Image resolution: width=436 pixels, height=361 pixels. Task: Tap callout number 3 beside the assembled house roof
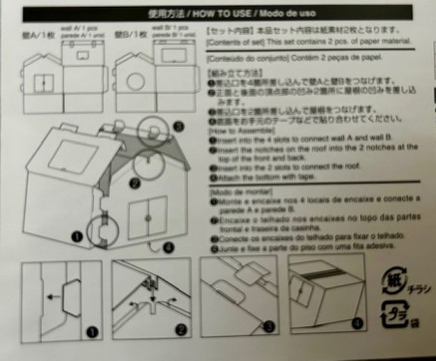click(177, 126)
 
